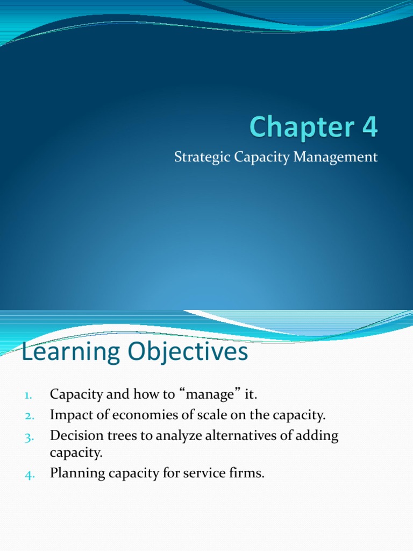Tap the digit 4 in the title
click(369, 128)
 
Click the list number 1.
click(29, 395)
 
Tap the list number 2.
click(29, 415)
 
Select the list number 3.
click(29, 436)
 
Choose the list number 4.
click(29, 475)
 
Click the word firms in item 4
click(248, 474)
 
